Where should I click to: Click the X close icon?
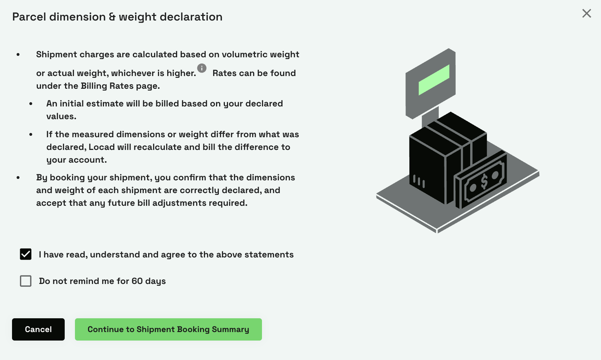[x=587, y=13]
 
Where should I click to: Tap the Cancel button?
[x=38, y=329]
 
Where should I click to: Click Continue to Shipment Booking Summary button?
[x=168, y=329]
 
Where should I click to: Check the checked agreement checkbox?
[x=26, y=254]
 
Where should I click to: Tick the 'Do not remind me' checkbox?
[x=26, y=281]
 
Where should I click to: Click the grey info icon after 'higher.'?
[x=202, y=68]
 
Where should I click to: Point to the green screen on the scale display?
[x=434, y=80]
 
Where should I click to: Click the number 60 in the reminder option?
[x=137, y=281]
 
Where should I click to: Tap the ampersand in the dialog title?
[x=112, y=17]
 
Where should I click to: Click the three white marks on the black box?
[x=419, y=181]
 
